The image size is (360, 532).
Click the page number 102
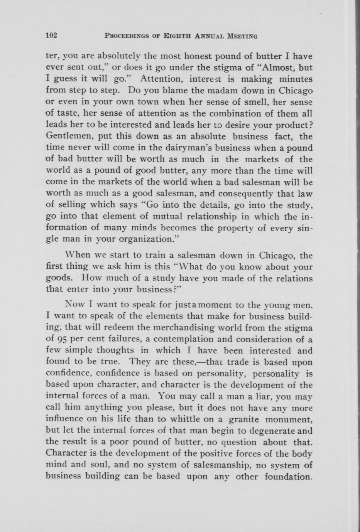(x=51, y=36)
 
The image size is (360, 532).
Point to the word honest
(x=183, y=56)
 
